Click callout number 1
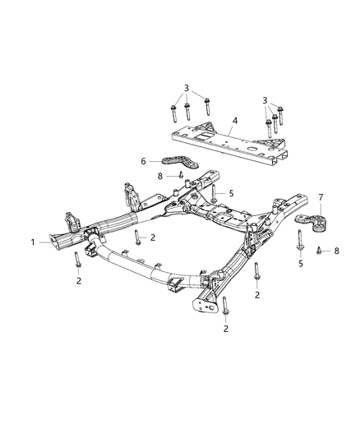click(34, 242)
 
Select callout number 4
click(235, 120)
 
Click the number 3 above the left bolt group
click(187, 87)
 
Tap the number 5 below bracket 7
click(300, 265)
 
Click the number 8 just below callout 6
click(159, 176)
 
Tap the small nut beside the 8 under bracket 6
click(175, 175)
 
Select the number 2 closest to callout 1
click(79, 280)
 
